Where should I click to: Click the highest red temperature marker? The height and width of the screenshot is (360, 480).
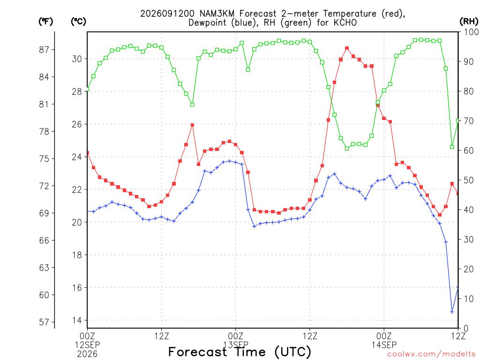click(347, 48)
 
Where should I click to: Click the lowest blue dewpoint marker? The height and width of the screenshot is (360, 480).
click(452, 312)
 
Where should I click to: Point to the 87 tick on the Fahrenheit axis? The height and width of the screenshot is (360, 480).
click(44, 50)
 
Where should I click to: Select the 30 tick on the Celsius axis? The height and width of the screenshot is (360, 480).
click(77, 59)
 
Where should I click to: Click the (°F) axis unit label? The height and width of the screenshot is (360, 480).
click(45, 22)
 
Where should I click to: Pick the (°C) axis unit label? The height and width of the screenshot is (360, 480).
click(78, 22)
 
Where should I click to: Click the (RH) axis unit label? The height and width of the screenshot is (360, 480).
click(469, 22)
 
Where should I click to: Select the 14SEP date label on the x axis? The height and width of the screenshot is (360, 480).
click(384, 345)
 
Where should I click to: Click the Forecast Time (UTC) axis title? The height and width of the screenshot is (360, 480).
click(240, 352)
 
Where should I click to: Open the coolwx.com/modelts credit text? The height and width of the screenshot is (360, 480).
click(431, 354)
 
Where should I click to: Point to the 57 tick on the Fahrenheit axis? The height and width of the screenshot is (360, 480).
click(44, 322)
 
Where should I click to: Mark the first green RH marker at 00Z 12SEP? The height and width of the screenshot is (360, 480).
click(87, 89)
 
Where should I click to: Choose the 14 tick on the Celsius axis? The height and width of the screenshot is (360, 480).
click(77, 321)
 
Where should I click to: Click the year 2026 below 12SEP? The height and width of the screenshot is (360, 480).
click(87, 354)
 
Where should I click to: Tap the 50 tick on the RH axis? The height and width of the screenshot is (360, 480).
click(469, 180)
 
